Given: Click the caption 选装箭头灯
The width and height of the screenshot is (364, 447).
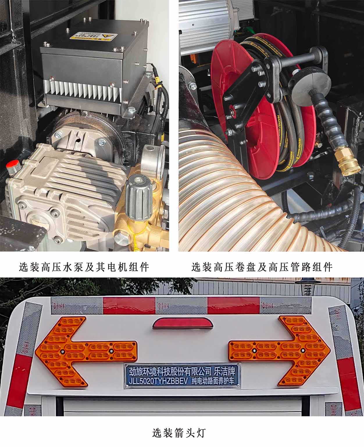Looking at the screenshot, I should coord(179,433).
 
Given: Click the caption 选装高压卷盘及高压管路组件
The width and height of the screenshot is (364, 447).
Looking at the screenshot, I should coord(262,266).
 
